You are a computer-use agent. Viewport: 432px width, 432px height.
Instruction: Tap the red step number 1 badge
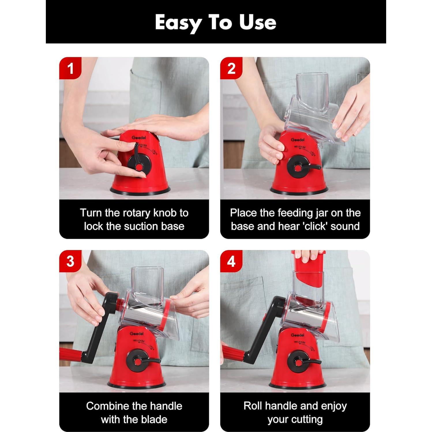[x=70, y=68]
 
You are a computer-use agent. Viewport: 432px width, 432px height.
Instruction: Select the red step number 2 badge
[x=231, y=68]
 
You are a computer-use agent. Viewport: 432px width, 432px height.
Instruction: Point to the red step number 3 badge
[x=70, y=261]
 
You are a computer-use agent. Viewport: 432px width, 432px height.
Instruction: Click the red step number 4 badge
[x=231, y=261]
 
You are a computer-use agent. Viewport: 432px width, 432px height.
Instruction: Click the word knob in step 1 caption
[x=165, y=213]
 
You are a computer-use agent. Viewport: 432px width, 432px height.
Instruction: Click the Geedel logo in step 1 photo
[x=139, y=138]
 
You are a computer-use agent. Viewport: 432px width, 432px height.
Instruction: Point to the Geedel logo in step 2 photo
[x=298, y=140]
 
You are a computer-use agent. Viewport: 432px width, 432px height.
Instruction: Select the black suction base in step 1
[x=140, y=190]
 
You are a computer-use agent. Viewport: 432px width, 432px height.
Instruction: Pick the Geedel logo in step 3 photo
[x=137, y=334]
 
